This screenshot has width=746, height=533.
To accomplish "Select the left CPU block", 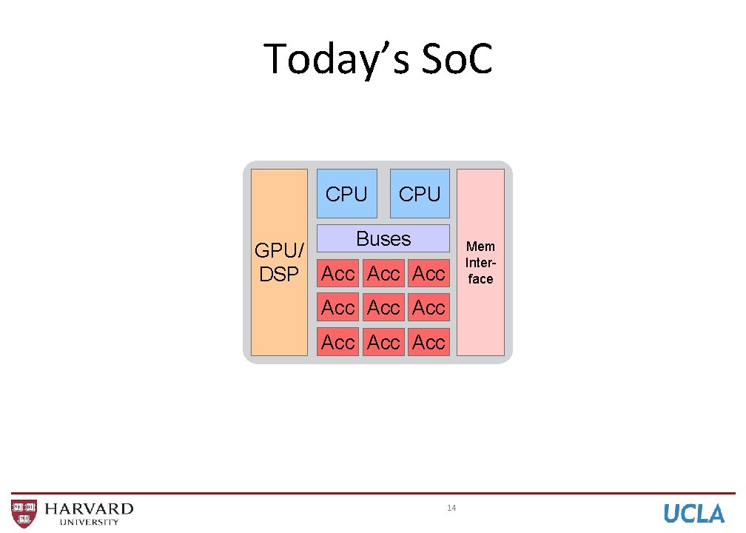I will coord(346,194).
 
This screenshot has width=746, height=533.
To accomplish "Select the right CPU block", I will coord(420,194).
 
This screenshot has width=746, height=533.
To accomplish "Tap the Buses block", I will coord(383,238).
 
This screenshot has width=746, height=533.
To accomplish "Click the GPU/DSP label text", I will coord(279,262).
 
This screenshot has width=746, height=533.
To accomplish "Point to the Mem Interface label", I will coord(480,262).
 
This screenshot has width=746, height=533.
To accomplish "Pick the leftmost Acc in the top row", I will coord(338,273).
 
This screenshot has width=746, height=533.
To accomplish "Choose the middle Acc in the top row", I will coord(383,273).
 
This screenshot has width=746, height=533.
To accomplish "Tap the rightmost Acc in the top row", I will coord(429,273).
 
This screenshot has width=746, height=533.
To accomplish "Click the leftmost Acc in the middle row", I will coord(338,307).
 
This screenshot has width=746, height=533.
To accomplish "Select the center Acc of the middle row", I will coord(383,307).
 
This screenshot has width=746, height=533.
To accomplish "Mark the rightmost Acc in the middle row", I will coord(429,307).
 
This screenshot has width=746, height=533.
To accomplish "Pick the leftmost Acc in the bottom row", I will coord(338,342).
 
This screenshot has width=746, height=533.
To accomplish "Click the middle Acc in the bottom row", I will coord(383,342).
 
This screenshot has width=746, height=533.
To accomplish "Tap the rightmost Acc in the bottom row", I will coord(429,342).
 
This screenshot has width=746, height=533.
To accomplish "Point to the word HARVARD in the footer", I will coord(89,509).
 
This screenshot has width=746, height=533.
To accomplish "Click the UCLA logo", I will coord(693,513).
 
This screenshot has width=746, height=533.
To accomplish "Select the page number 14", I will coord(451,508).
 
